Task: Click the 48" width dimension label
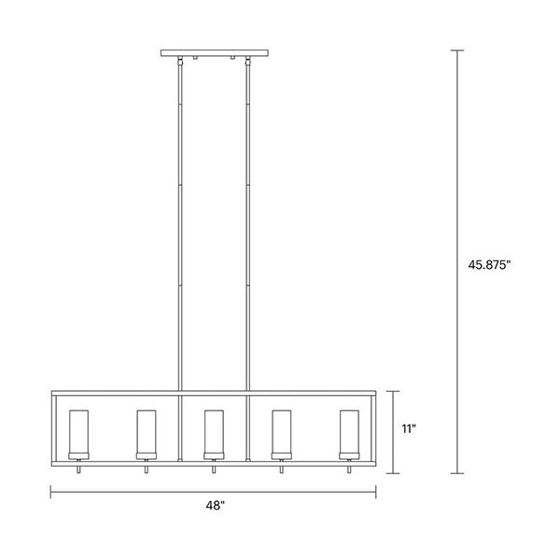[x=215, y=506]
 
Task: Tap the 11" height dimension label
[x=409, y=428]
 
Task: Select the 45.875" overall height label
[x=489, y=265]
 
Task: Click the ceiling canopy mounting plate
[x=215, y=53]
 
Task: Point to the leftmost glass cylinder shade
[x=79, y=432]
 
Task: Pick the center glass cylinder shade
[x=214, y=432]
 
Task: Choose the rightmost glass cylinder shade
[x=349, y=432]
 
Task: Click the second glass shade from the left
[x=147, y=432]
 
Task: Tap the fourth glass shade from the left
[x=282, y=432]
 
